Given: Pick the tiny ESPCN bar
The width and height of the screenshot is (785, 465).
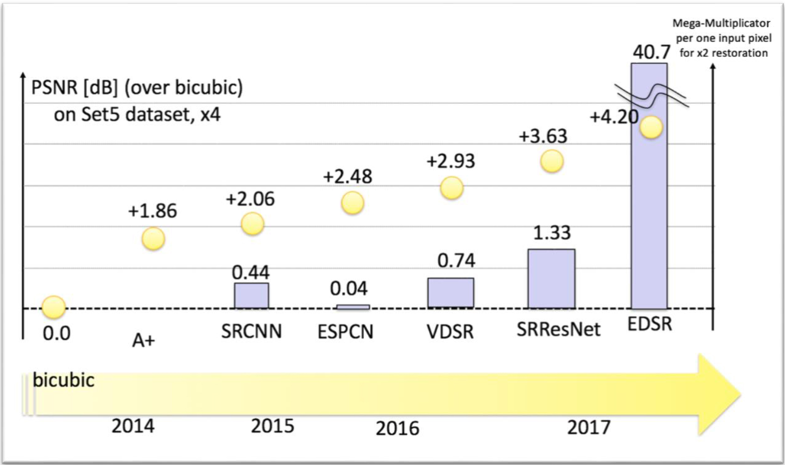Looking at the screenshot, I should [x=353, y=307].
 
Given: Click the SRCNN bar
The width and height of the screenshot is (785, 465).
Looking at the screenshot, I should [x=251, y=295].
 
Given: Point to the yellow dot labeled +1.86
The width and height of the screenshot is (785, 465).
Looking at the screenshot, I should [x=153, y=239].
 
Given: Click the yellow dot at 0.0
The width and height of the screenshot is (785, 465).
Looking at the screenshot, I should [x=54, y=307].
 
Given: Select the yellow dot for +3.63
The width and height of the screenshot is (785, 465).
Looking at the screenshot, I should [x=552, y=161].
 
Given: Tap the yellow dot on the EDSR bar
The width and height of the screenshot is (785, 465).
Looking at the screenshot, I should [x=651, y=128].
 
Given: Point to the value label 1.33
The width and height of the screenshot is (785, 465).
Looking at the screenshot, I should [x=552, y=233].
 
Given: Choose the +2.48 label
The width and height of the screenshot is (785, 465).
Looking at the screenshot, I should [x=348, y=177].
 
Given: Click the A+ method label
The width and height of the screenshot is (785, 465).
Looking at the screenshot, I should [x=143, y=341].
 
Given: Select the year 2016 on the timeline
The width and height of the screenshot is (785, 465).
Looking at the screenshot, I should [x=397, y=428].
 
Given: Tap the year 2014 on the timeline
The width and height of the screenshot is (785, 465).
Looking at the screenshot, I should [x=133, y=426].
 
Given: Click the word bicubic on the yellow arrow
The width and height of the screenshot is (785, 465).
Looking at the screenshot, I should [x=64, y=380].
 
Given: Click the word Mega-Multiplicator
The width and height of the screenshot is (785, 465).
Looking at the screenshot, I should [x=721, y=23].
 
